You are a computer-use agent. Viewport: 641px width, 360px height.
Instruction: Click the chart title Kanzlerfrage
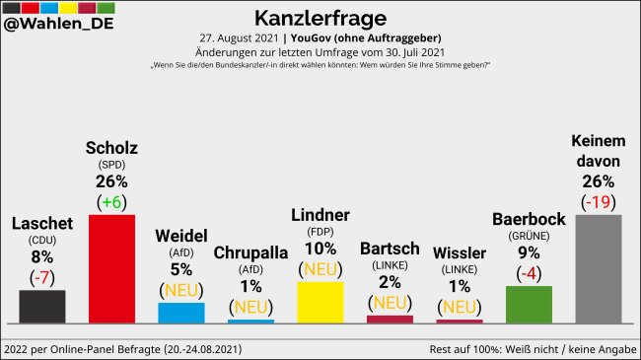(x=320, y=18)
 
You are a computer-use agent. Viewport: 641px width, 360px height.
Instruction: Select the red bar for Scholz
(x=111, y=268)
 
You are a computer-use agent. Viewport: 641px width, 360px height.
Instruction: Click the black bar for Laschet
(x=42, y=306)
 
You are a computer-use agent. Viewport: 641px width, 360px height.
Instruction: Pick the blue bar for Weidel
(x=181, y=312)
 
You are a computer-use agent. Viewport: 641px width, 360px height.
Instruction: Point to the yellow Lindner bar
(x=320, y=302)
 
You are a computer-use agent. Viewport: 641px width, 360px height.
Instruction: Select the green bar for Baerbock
(x=528, y=304)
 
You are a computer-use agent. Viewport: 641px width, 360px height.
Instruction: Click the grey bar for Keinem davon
(x=598, y=268)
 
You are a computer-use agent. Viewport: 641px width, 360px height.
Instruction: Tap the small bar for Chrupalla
(x=250, y=321)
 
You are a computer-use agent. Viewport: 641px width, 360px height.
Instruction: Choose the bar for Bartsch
(x=390, y=319)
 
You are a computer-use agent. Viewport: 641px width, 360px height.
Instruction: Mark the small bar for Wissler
(x=459, y=321)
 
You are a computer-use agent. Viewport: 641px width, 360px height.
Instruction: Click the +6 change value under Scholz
(x=111, y=200)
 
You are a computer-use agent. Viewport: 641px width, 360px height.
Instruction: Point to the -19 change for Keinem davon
(x=598, y=200)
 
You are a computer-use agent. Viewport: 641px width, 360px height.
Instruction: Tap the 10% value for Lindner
(x=320, y=248)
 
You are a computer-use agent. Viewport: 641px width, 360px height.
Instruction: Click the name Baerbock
(x=528, y=219)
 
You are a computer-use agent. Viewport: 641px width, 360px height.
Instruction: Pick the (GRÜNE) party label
(x=528, y=236)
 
